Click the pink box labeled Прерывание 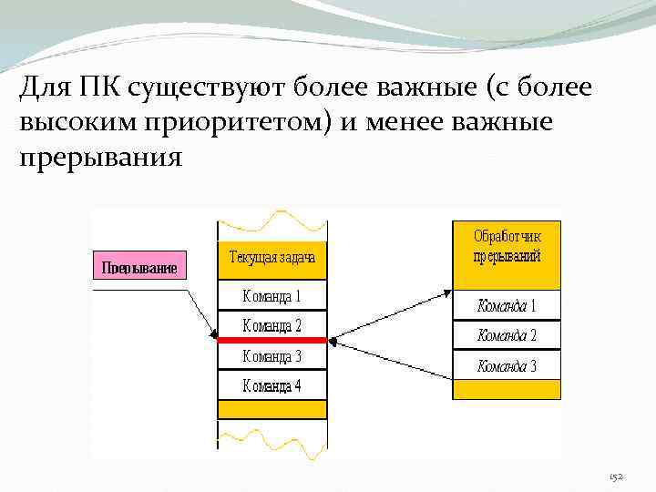click(x=139, y=266)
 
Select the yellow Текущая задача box click(x=272, y=258)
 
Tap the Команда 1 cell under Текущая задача click(x=272, y=295)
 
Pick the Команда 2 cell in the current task click(x=272, y=324)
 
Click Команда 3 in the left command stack click(x=272, y=355)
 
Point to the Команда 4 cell click(x=272, y=385)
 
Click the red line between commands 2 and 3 click(x=272, y=340)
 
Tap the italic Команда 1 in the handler click(x=507, y=305)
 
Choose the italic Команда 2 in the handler click(x=507, y=335)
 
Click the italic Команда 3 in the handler click(x=507, y=366)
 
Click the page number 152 click(x=617, y=477)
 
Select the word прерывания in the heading click(x=100, y=157)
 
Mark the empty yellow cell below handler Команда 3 click(x=507, y=389)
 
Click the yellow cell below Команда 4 click(x=272, y=409)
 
